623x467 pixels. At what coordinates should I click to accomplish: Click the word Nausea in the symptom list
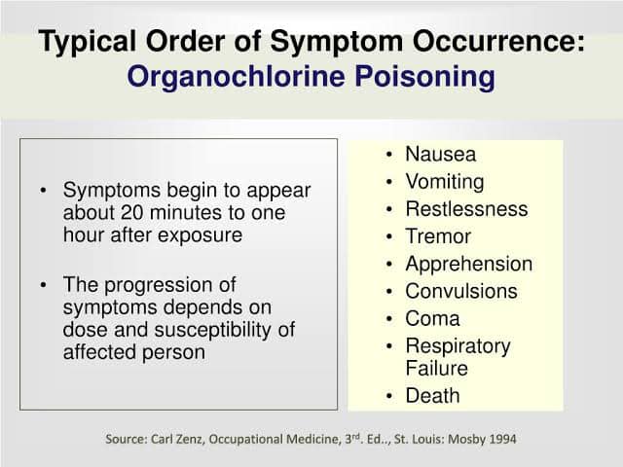coord(440,154)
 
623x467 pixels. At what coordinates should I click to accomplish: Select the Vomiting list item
coord(445,182)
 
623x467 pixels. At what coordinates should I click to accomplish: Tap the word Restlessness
coord(466,209)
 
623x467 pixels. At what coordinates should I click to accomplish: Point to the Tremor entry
coord(438,236)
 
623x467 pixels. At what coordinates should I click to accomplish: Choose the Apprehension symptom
coord(469,265)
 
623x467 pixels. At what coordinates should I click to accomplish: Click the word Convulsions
coord(461,291)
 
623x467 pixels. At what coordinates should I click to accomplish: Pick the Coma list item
coord(432,318)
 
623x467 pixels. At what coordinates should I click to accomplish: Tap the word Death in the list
coord(432,396)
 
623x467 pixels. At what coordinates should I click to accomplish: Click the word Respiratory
coord(458,346)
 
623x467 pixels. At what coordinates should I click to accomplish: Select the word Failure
coord(436,368)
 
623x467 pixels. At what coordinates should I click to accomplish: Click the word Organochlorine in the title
coord(236,77)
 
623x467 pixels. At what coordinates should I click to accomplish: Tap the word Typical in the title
coord(87,42)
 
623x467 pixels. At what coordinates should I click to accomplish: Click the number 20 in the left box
coord(131,212)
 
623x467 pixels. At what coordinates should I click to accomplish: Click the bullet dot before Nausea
coord(389,155)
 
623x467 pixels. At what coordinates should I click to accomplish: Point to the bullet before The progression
coord(43,285)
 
